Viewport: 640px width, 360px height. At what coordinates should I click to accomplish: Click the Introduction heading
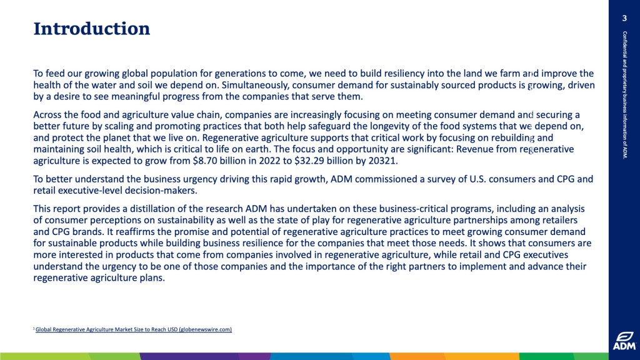click(91, 29)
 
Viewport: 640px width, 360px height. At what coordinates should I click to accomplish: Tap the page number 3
click(624, 18)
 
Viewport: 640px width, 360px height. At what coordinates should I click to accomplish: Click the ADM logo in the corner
click(624, 341)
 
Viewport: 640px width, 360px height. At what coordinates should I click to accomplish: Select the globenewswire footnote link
click(134, 329)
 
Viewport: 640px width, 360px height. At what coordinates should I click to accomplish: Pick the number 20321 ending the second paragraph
click(382, 161)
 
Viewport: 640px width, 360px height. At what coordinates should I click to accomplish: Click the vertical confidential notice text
click(624, 95)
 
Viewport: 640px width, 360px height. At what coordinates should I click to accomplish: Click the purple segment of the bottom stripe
click(204, 356)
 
